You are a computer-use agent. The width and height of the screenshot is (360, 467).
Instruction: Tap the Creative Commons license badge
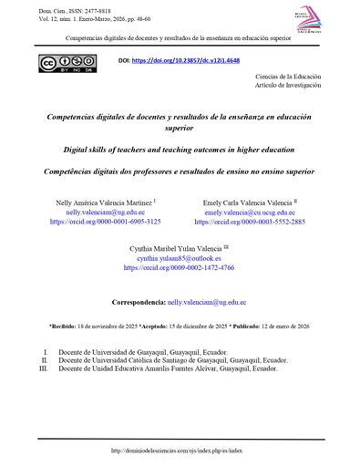click(x=61, y=65)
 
